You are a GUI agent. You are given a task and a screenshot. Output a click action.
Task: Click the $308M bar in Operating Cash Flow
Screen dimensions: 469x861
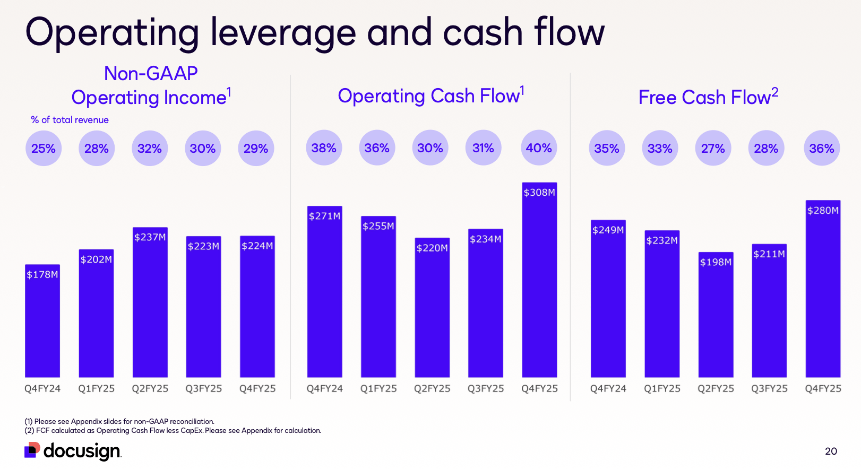539,281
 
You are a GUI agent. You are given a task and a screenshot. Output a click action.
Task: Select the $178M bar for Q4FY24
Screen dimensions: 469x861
42,321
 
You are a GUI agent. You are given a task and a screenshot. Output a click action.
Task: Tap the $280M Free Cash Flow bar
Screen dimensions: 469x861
823,289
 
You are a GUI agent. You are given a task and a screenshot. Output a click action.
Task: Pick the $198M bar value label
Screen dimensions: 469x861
716,262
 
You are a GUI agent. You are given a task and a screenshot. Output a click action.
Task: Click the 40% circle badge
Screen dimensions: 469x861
539,148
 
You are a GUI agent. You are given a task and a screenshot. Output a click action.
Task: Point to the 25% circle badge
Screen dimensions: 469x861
44,149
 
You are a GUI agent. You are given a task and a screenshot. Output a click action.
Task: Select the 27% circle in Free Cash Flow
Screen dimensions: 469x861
713,149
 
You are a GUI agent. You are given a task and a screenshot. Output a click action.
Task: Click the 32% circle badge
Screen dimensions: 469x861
150,149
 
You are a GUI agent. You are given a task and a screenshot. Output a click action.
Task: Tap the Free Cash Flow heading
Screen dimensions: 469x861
708,97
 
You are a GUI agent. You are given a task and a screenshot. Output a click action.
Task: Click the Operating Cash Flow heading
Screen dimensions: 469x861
430,96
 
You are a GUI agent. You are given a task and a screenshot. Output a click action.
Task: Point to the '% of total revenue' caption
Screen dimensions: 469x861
70,120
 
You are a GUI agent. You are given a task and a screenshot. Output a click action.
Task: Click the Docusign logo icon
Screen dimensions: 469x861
32,450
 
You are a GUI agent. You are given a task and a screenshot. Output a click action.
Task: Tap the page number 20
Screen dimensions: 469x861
831,451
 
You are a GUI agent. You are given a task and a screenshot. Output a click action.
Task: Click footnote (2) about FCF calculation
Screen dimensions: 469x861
173,430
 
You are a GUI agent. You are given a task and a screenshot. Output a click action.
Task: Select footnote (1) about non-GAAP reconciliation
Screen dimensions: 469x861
119,421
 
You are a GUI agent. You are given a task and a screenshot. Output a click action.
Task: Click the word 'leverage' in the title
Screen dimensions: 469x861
283,33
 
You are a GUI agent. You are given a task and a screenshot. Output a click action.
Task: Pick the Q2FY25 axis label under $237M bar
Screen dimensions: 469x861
150,388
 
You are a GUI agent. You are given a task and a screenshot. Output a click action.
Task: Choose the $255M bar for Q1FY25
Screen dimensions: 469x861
378,297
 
